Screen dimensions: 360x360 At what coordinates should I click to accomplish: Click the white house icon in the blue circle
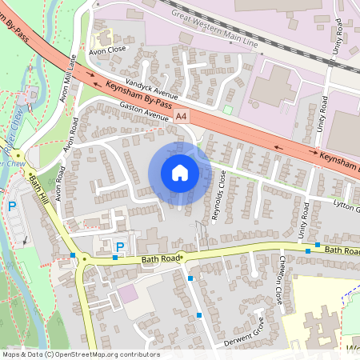[180, 173]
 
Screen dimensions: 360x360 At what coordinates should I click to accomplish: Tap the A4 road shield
[182, 116]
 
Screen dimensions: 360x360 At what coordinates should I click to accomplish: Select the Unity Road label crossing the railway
[338, 37]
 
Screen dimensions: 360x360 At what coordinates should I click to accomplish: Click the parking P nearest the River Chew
[12, 206]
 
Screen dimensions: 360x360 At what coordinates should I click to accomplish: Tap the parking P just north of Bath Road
[120, 246]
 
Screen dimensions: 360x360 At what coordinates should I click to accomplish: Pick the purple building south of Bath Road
[127, 294]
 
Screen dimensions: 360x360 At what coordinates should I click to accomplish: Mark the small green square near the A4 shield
[227, 110]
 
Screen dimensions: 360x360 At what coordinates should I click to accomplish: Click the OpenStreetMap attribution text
[80, 354]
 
